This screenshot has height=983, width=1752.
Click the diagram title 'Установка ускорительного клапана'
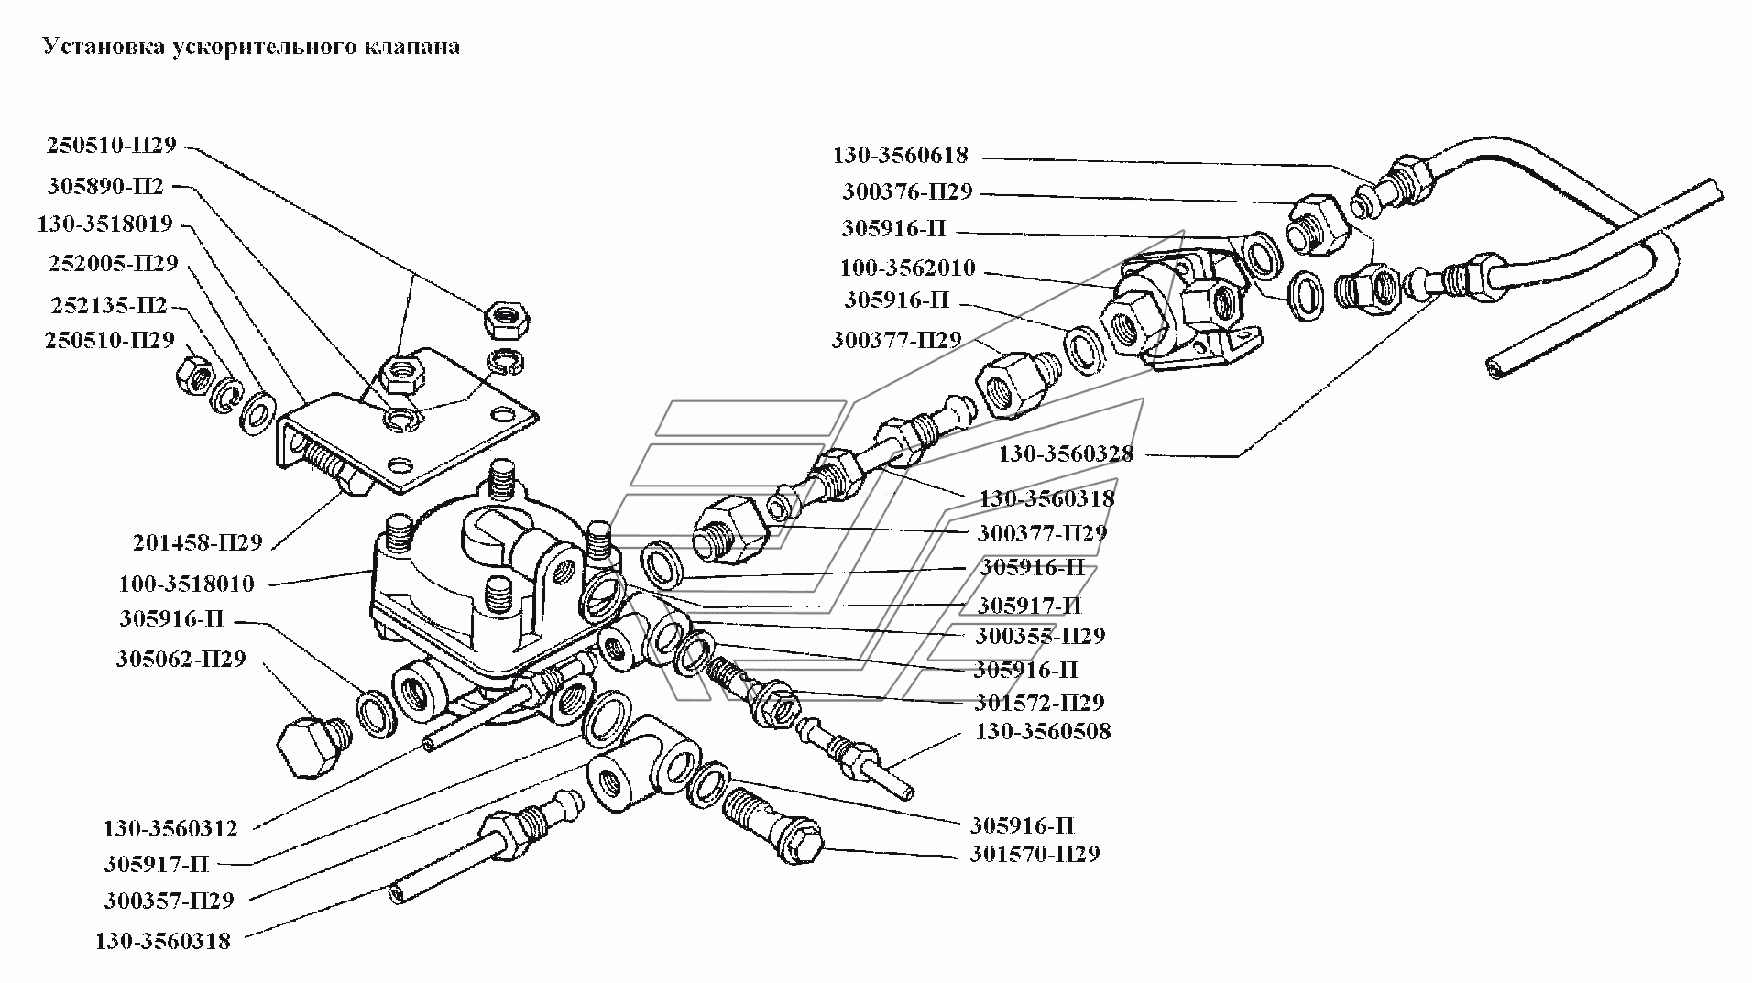(x=252, y=47)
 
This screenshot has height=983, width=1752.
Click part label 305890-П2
(x=105, y=187)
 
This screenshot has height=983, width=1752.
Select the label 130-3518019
(x=104, y=224)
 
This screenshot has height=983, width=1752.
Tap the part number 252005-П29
(x=111, y=264)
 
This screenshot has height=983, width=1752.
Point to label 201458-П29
(x=197, y=542)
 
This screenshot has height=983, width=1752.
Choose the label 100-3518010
(x=186, y=584)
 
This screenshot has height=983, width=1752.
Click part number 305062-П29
(x=181, y=659)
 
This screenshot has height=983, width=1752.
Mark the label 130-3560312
(x=170, y=829)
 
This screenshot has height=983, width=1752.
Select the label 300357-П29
(x=169, y=901)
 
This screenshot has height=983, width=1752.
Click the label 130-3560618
(x=900, y=155)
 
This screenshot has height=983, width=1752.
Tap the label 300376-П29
(x=907, y=192)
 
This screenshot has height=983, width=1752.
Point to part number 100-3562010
(x=907, y=268)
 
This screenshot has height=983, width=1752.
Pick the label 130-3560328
(x=1066, y=453)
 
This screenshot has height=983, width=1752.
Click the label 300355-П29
(x=1040, y=635)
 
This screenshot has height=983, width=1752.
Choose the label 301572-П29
(x=1039, y=703)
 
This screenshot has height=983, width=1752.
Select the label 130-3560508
(x=1043, y=731)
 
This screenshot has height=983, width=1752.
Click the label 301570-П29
(x=1035, y=854)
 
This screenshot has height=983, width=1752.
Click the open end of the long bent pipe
(x=1492, y=366)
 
